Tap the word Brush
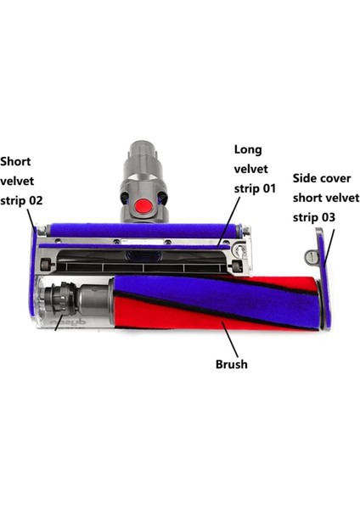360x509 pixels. click(x=232, y=365)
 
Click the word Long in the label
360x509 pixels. click(x=248, y=150)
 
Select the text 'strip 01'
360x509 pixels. click(x=255, y=188)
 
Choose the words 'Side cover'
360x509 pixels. click(x=323, y=179)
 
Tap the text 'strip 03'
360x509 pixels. click(x=314, y=217)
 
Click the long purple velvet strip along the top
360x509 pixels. click(x=136, y=230)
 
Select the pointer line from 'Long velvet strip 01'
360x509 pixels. click(x=231, y=221)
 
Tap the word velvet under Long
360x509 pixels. click(x=252, y=169)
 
